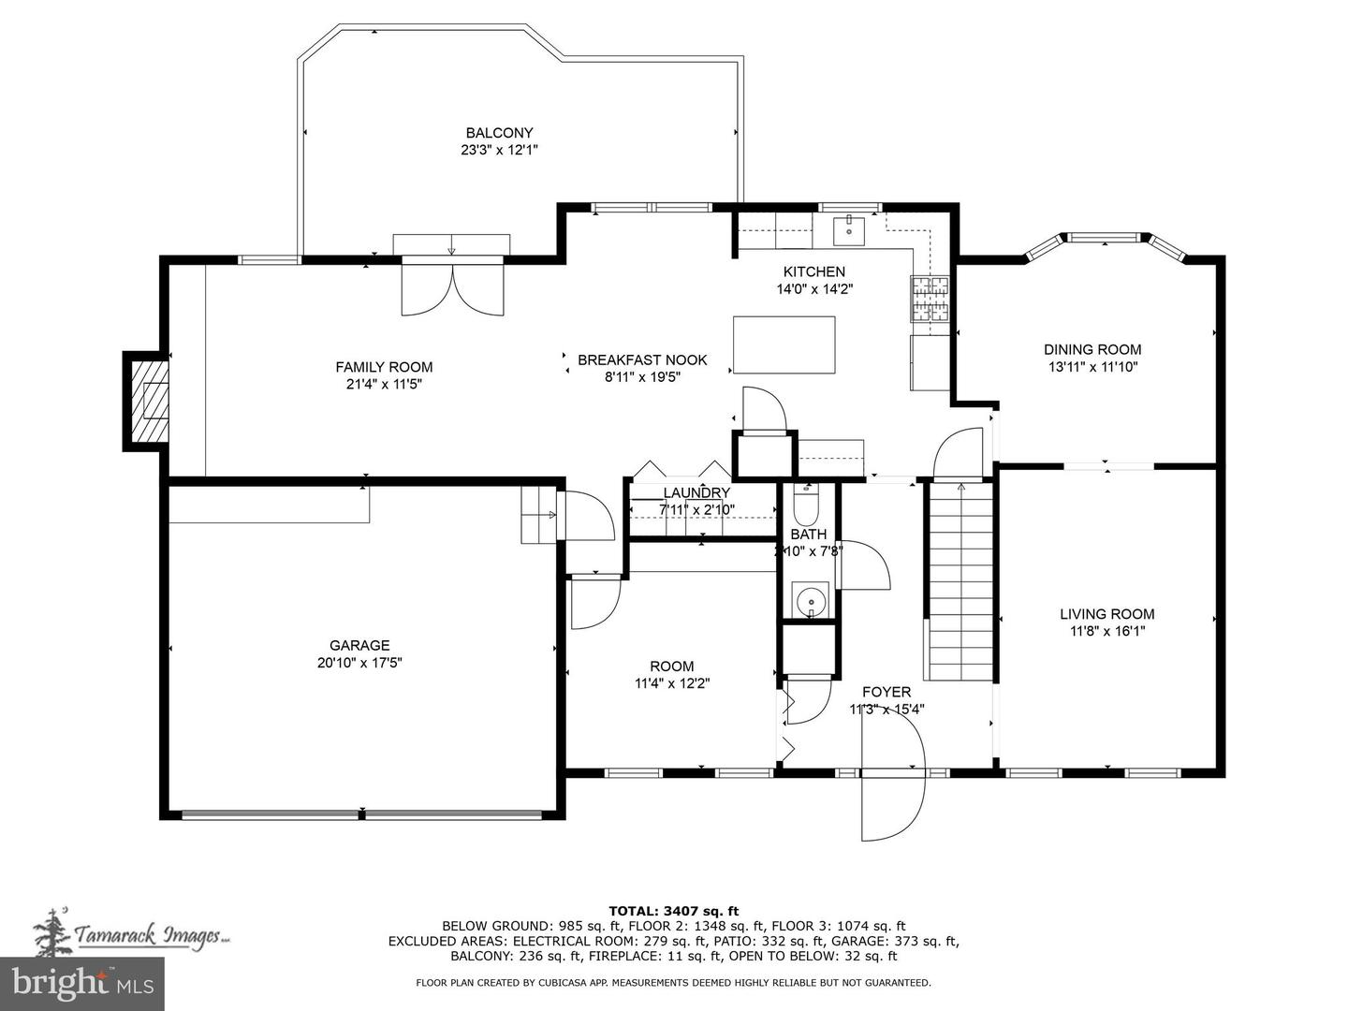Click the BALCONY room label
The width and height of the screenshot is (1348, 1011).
pyautogui.click(x=499, y=133)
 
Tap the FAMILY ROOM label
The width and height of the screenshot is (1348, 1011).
pyautogui.click(x=384, y=367)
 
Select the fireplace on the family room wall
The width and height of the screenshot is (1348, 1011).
pyautogui.click(x=148, y=401)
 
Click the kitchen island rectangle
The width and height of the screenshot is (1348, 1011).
pyautogui.click(x=784, y=344)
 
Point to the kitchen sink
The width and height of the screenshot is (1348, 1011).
pyautogui.click(x=850, y=227)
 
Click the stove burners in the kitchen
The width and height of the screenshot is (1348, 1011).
pyautogui.click(x=929, y=300)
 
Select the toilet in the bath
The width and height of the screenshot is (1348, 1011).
pyautogui.click(x=806, y=505)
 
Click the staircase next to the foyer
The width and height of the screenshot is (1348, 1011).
pyautogui.click(x=960, y=580)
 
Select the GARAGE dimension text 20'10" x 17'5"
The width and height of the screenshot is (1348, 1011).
pyautogui.click(x=359, y=663)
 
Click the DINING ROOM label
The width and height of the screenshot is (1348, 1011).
pyautogui.click(x=1092, y=349)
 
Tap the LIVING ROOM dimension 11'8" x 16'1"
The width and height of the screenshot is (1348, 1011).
pyautogui.click(x=1106, y=631)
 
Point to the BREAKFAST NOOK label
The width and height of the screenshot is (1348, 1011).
pyautogui.click(x=642, y=359)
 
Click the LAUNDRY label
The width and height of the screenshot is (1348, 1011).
pyautogui.click(x=696, y=493)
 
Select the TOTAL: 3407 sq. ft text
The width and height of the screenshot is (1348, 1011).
pyautogui.click(x=673, y=910)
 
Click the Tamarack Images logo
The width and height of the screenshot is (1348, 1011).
pyautogui.click(x=131, y=934)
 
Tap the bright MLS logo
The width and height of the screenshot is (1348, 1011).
pyautogui.click(x=82, y=983)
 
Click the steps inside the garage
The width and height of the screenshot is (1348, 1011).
pyautogui.click(x=539, y=514)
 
